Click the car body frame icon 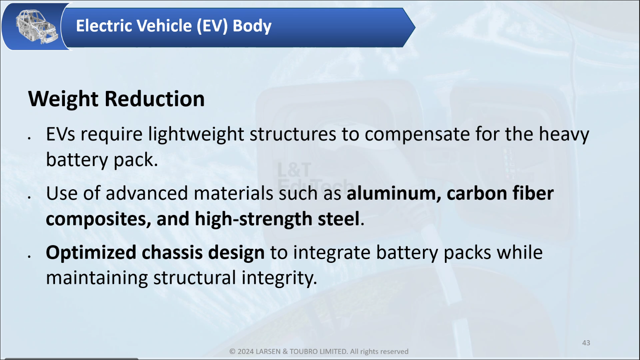click(x=36, y=26)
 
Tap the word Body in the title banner click(x=252, y=26)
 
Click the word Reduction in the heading click(x=155, y=99)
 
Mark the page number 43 click(x=586, y=343)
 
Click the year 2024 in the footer click(x=245, y=351)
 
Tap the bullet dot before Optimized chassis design click(x=29, y=257)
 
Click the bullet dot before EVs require click(x=29, y=138)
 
